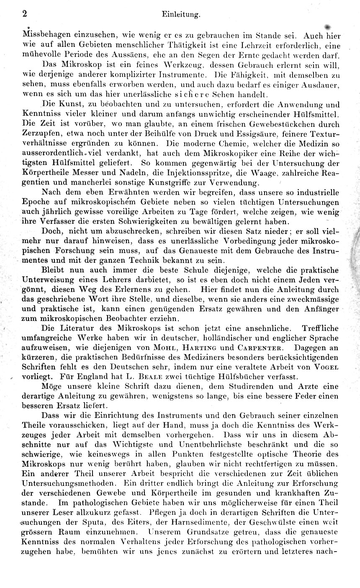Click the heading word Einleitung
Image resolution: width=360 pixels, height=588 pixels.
click(180, 14)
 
